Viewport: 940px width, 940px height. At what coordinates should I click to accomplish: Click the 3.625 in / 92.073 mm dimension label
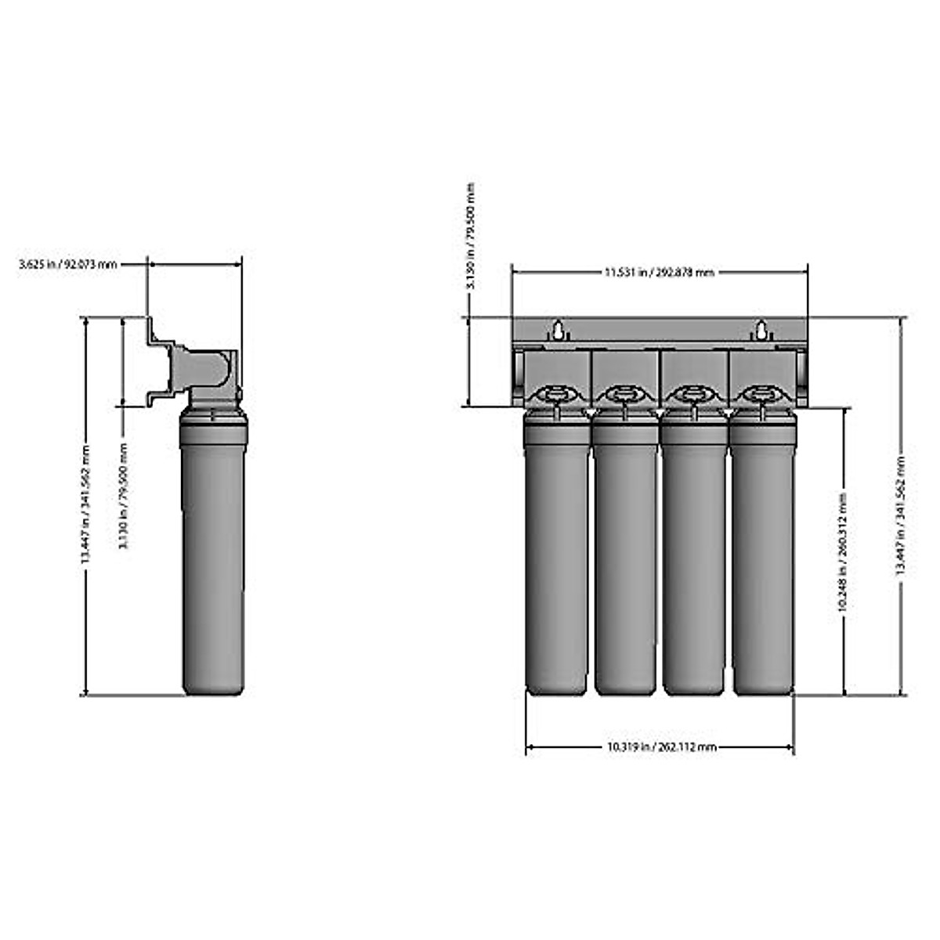click(x=67, y=265)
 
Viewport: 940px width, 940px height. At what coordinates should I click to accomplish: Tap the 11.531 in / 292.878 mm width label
click(x=659, y=272)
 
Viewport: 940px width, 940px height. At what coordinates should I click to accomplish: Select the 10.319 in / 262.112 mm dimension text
click(x=661, y=747)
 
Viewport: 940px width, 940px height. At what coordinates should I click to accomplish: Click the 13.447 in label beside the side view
click(x=86, y=505)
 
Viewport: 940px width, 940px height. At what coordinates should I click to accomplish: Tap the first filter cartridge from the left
click(x=556, y=556)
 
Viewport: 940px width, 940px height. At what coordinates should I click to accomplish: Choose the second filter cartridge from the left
click(x=625, y=556)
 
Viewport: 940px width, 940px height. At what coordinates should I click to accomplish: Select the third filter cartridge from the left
click(x=694, y=556)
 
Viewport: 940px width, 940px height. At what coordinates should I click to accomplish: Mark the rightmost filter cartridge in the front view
click(x=763, y=556)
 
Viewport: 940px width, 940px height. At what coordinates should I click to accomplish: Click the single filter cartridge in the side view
click(x=214, y=564)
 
